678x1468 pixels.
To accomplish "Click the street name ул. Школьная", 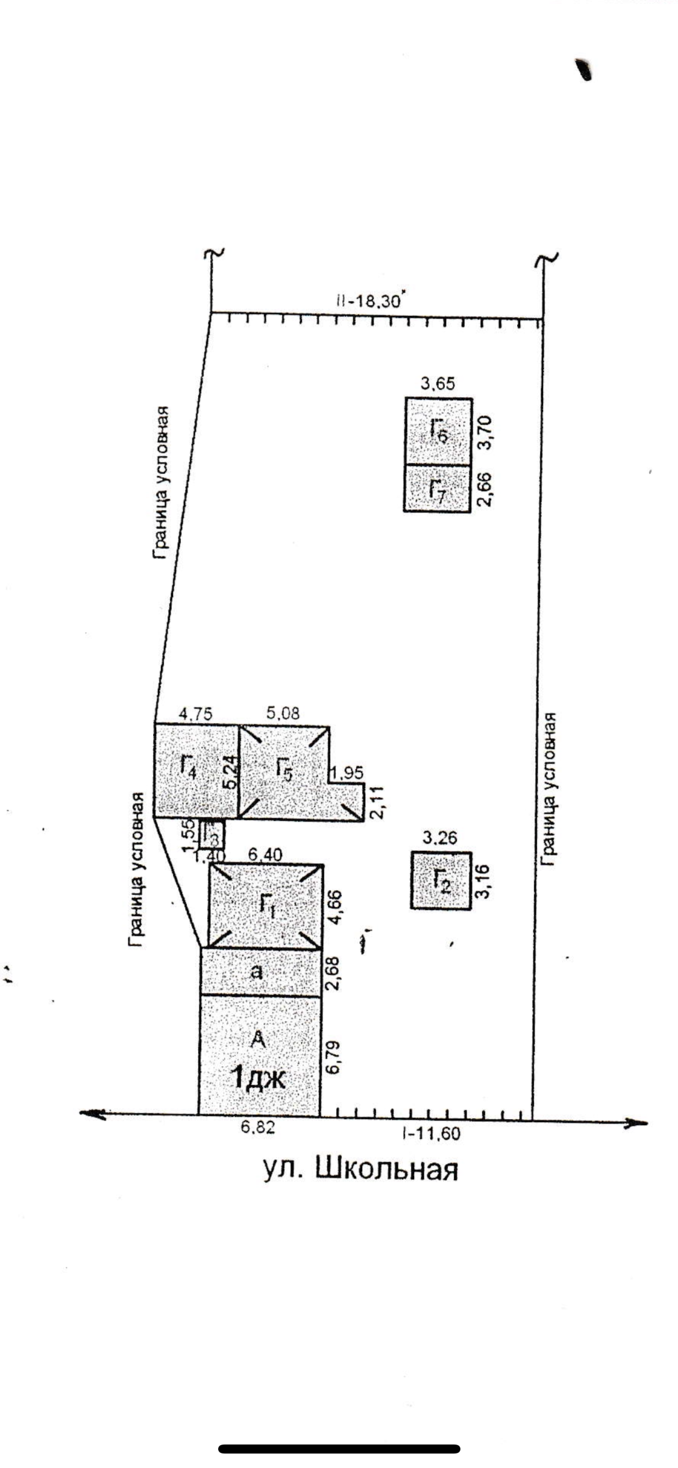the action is tap(360, 1168).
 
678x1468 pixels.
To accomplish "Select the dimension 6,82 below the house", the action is tap(258, 1128).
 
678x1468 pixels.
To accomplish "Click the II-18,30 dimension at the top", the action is tap(369, 301).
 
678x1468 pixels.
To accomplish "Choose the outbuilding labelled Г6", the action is tap(439, 431).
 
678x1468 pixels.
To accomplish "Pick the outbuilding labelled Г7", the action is tap(438, 488).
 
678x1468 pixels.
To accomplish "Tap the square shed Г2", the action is tap(442, 880).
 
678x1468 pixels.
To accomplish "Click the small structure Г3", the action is tap(212, 834).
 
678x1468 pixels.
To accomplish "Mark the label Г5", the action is tap(284, 770).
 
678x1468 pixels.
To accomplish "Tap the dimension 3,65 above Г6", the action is tap(439, 383).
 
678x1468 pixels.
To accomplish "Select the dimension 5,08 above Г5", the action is tap(283, 714).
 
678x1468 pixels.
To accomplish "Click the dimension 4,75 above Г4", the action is tap(195, 714).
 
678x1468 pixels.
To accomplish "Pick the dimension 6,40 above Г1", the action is tap(265, 853).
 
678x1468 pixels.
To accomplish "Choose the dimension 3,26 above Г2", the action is tap(440, 838).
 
